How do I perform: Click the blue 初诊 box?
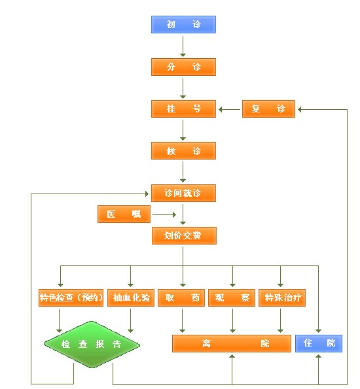tap(184, 25)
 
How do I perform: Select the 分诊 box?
tap(184, 67)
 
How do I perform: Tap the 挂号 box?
tap(184, 109)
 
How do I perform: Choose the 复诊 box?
tap(268, 109)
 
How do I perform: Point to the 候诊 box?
tap(184, 151)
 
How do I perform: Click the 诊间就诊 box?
tap(184, 193)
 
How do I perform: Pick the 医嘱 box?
tap(124, 214)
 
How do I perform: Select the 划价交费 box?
tap(184, 235)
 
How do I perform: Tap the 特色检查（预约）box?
tap(71, 297)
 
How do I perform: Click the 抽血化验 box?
tap(131, 297)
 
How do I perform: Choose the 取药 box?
tap(181, 297)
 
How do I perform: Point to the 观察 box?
tap(232, 297)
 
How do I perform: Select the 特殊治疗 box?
tap(282, 297)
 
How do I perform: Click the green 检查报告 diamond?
tap(92, 345)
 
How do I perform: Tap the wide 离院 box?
tap(232, 344)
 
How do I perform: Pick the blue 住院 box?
tap(319, 344)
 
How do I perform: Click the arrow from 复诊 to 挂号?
tap(229, 109)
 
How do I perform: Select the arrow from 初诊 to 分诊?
tap(183, 46)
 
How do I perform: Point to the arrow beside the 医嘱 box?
tap(164, 214)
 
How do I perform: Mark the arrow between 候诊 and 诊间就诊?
tap(183, 172)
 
